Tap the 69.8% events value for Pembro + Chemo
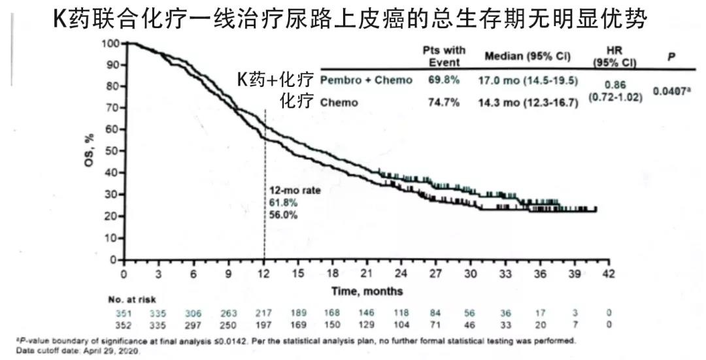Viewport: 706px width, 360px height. pyautogui.click(x=444, y=80)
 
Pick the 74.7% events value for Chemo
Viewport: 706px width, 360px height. pyautogui.click(x=444, y=103)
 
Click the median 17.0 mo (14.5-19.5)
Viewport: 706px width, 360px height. pyautogui.click(x=528, y=80)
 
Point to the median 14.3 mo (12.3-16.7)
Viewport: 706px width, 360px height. pyautogui.click(x=528, y=103)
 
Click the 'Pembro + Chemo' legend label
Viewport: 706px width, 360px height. pyautogui.click(x=366, y=80)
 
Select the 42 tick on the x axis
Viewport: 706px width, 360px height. pyautogui.click(x=609, y=274)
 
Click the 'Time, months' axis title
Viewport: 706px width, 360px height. pyautogui.click(x=367, y=291)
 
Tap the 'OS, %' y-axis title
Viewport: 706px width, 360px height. pyautogui.click(x=90, y=150)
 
